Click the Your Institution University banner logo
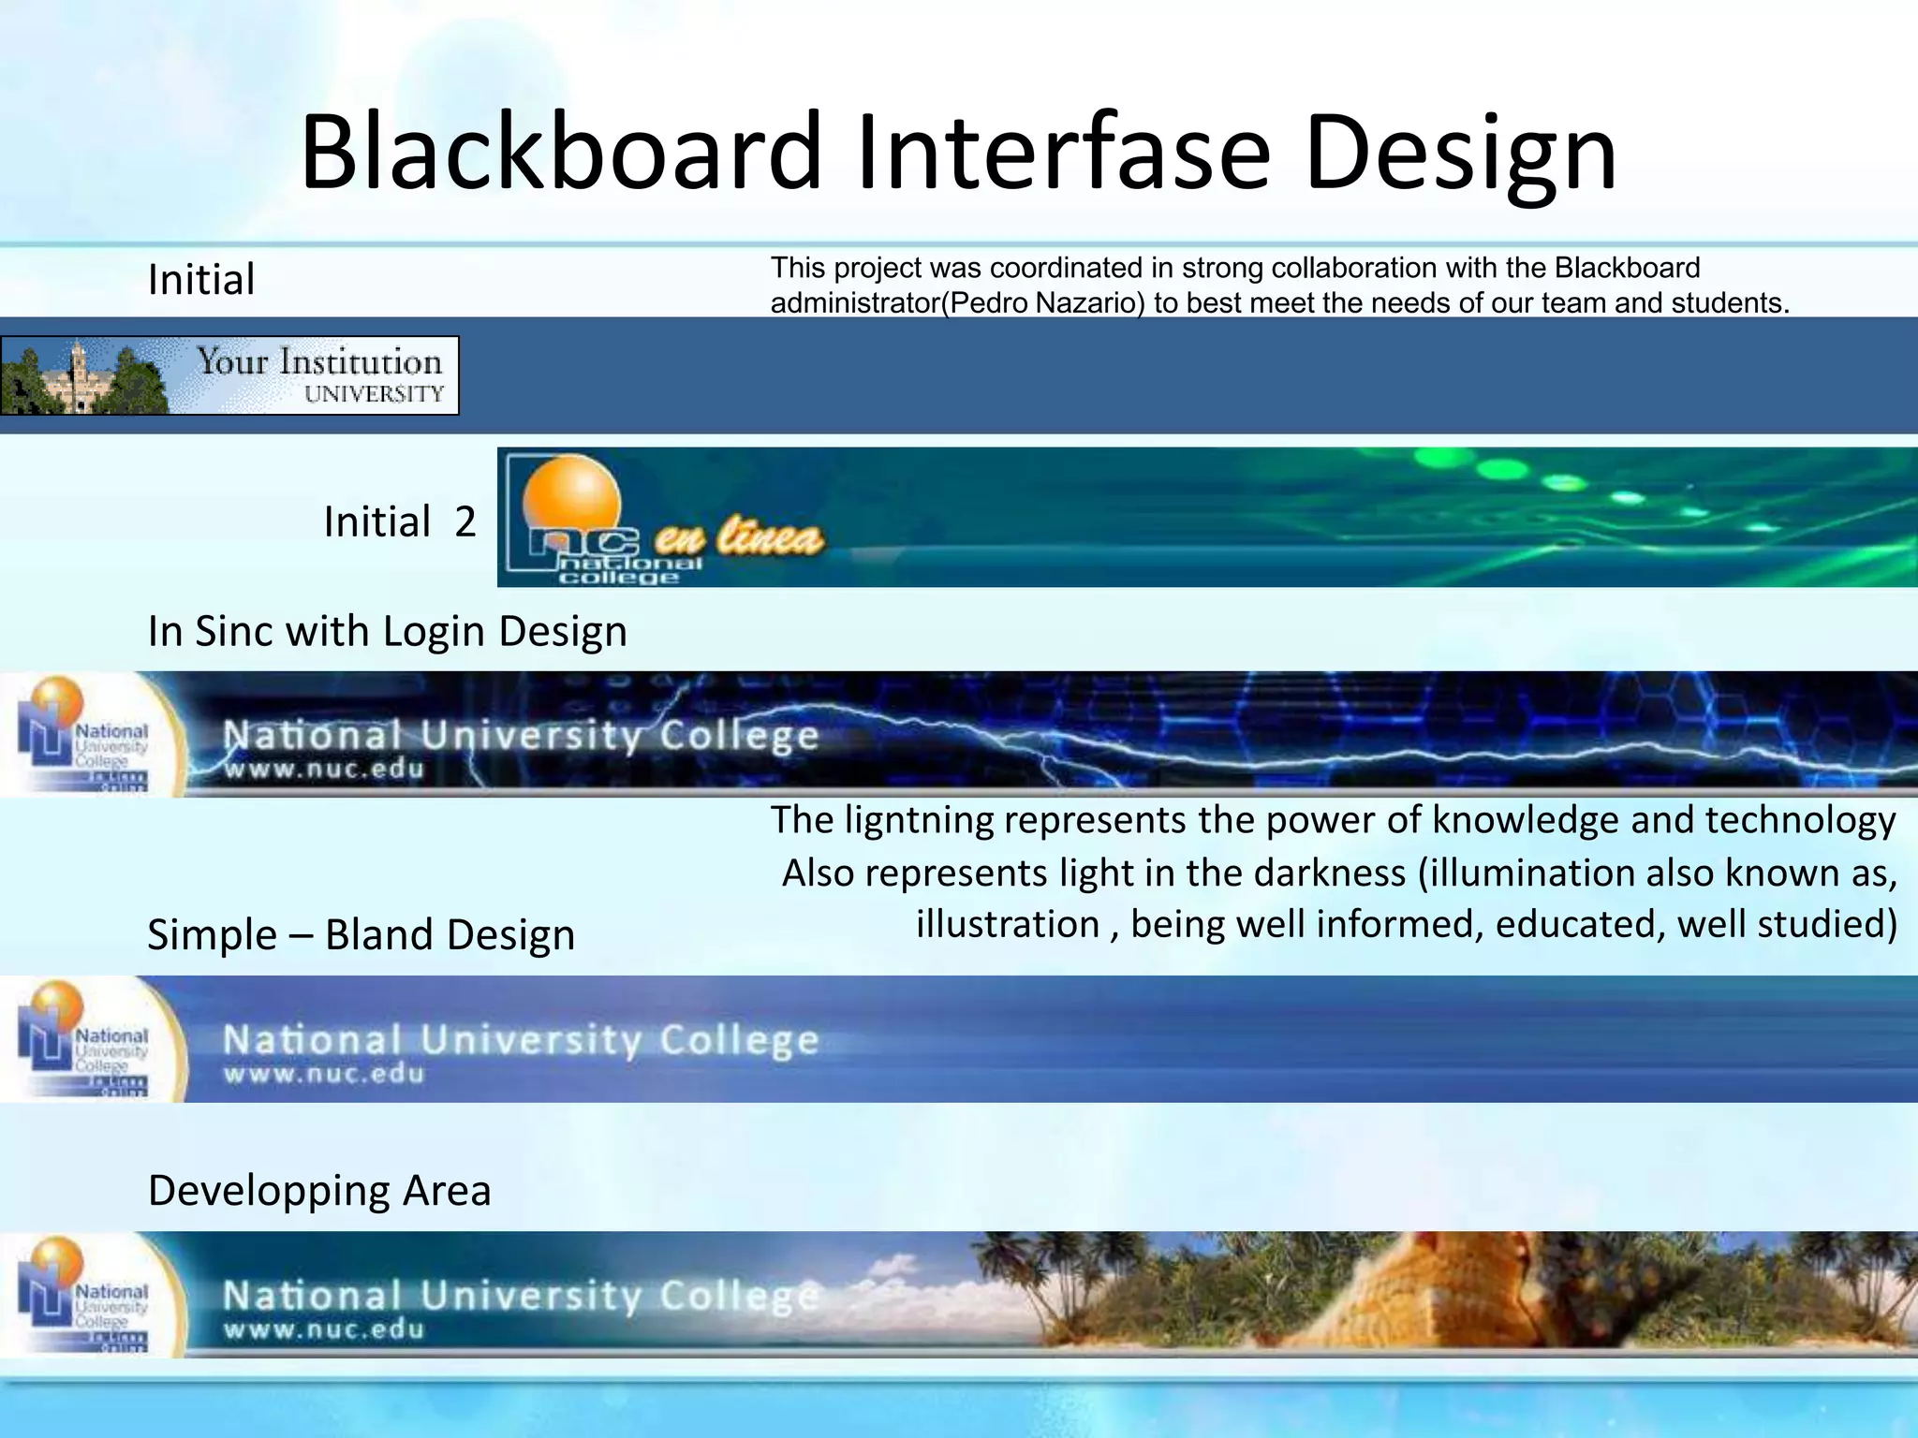click(229, 375)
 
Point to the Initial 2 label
click(400, 521)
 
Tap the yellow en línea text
click(738, 539)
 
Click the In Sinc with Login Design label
click(387, 631)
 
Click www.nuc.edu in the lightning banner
click(323, 770)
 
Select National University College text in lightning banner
click(520, 736)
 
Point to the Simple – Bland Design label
click(361, 934)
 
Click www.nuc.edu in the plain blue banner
click(323, 1074)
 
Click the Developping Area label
click(319, 1191)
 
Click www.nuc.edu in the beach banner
click(323, 1329)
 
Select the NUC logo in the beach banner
click(84, 1295)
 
